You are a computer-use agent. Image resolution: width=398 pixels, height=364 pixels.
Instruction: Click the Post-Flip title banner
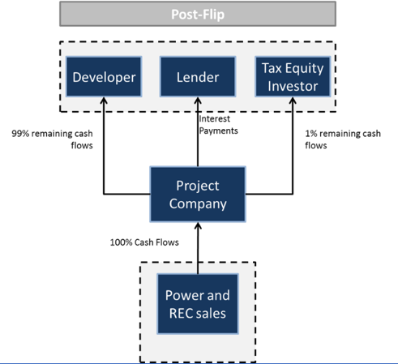point(198,14)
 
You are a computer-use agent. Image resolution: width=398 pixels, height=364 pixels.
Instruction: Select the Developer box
point(104,77)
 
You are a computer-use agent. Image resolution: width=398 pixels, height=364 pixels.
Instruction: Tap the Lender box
point(198,77)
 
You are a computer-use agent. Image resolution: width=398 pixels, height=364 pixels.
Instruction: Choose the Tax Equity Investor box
point(293,77)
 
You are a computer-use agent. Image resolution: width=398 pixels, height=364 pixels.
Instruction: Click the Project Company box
point(198,195)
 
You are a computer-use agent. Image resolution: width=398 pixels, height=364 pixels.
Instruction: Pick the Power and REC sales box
point(198,304)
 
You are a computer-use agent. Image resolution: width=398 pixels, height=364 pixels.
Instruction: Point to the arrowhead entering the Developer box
point(104,101)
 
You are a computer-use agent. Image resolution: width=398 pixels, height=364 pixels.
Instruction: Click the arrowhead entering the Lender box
point(198,101)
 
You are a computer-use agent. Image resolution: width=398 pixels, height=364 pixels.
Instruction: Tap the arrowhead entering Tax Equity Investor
point(293,101)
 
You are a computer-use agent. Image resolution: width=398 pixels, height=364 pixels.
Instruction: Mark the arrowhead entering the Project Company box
point(198,226)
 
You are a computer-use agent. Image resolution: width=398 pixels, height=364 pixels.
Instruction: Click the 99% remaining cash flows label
point(52,139)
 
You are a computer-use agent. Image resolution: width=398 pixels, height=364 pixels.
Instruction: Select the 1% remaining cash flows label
point(343,139)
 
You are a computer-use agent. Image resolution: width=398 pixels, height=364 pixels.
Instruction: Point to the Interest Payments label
point(218,125)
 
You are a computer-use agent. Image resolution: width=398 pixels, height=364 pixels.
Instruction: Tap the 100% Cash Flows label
point(144,242)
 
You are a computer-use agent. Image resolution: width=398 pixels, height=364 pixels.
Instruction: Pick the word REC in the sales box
point(181,314)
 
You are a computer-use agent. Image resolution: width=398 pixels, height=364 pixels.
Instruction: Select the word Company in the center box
point(198,204)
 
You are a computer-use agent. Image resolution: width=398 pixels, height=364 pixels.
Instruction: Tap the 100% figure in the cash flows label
point(121,242)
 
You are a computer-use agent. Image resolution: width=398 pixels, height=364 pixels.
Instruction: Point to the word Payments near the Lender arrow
point(218,131)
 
